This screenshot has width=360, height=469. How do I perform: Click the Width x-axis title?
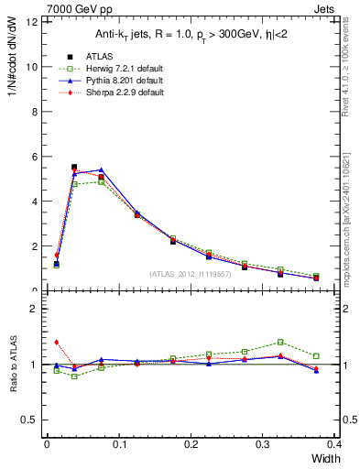coord(322,458)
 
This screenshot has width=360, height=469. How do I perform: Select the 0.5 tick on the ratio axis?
coord(30,420)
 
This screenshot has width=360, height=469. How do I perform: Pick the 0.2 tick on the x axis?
coord(191,444)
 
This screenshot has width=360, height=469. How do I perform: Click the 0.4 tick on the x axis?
coord(333,444)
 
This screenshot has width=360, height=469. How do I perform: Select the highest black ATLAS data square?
coord(74,168)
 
